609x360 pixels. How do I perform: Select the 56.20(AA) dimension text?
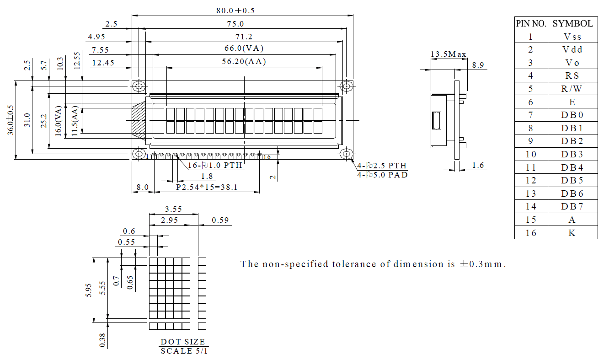(x=245, y=62)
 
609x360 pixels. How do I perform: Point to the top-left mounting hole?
(x=139, y=86)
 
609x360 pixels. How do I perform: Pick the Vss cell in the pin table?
(x=572, y=37)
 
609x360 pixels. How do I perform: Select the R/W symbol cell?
(x=572, y=89)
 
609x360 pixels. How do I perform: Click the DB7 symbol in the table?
(x=572, y=206)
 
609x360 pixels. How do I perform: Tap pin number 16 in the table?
(x=531, y=232)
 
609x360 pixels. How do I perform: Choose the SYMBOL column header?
(x=572, y=24)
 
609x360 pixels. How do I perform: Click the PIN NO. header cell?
(x=531, y=24)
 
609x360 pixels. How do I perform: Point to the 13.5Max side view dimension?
(x=448, y=54)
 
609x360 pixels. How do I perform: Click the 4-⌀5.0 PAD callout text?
(x=382, y=174)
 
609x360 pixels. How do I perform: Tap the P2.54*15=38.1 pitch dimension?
(x=207, y=187)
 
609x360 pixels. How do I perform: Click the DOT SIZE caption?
(x=183, y=342)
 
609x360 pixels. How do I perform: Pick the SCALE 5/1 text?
(x=183, y=351)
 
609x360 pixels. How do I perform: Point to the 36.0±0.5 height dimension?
(x=11, y=120)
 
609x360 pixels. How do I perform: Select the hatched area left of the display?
(x=139, y=120)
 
